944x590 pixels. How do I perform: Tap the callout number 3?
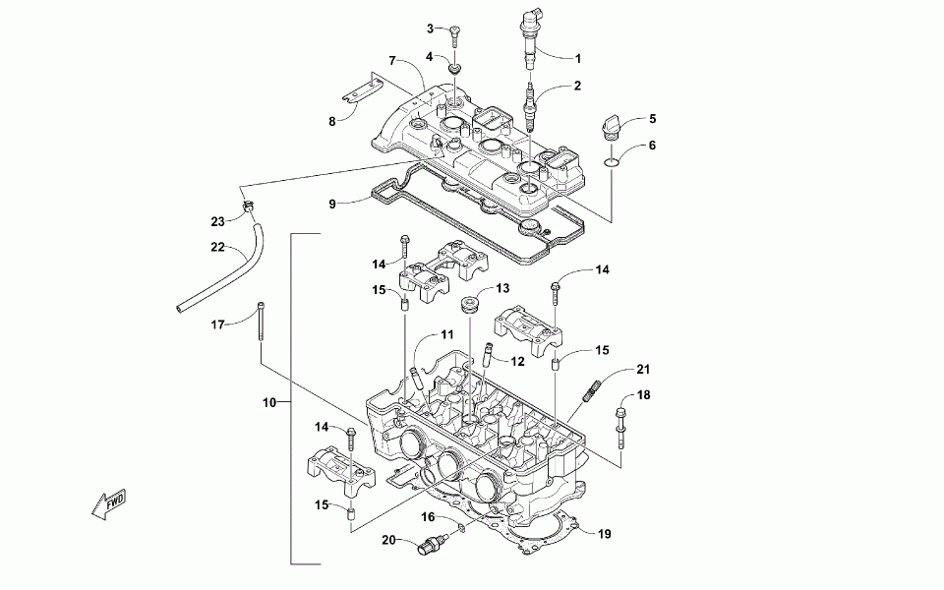(430, 28)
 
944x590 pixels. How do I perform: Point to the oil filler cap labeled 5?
(619, 129)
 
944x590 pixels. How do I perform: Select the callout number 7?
(391, 60)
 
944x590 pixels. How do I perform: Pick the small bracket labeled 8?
(361, 88)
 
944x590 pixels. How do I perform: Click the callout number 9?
(332, 205)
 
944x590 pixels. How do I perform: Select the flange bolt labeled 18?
(621, 423)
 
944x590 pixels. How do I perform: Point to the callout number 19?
(605, 534)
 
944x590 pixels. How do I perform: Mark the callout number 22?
(218, 247)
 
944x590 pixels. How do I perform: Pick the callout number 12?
(517, 362)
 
